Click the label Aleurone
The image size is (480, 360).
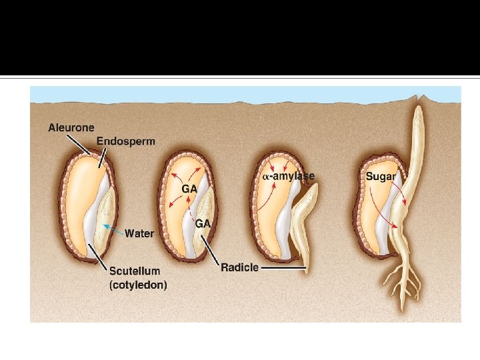tap(71, 127)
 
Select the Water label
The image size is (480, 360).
tap(139, 233)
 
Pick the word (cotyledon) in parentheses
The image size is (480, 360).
tap(139, 285)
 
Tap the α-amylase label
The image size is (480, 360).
tap(287, 176)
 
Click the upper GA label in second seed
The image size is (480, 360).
tap(190, 189)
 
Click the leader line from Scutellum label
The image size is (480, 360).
tap(99, 257)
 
